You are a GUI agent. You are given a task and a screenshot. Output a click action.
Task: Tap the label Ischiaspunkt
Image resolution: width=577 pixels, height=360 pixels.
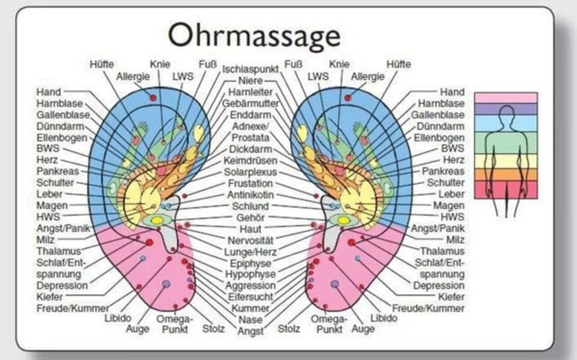pyautogui.click(x=250, y=69)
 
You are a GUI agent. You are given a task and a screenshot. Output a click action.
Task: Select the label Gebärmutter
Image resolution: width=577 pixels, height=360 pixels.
pyautogui.click(x=250, y=103)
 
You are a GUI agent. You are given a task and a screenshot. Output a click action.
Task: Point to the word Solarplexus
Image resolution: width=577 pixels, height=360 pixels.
pyautogui.click(x=250, y=172)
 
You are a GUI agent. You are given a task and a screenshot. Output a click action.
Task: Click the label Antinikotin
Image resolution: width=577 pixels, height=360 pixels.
pyautogui.click(x=250, y=195)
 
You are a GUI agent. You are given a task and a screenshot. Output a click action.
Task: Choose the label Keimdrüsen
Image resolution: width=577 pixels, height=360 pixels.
pyautogui.click(x=250, y=161)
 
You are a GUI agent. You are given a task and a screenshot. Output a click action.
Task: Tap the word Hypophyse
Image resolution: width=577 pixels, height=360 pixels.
pyautogui.click(x=250, y=274)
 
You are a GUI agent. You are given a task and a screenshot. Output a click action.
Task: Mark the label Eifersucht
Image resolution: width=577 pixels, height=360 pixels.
pyautogui.click(x=250, y=297)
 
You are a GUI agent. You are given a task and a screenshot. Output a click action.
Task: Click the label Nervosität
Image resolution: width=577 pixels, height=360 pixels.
pyautogui.click(x=251, y=240)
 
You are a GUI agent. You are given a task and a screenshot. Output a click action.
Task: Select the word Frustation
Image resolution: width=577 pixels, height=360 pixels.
pyautogui.click(x=250, y=184)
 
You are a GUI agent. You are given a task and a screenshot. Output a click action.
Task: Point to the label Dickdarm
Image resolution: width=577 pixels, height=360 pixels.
pyautogui.click(x=250, y=149)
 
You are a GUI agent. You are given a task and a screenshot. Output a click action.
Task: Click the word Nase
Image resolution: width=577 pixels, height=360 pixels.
pyautogui.click(x=250, y=320)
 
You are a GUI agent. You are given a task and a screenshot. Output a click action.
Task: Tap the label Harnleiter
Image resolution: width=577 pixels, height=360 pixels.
pyautogui.click(x=250, y=92)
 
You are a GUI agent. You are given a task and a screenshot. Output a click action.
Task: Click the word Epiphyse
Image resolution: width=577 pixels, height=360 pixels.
pyautogui.click(x=250, y=263)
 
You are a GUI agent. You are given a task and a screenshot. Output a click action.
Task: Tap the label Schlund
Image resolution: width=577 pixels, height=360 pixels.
pyautogui.click(x=250, y=207)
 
